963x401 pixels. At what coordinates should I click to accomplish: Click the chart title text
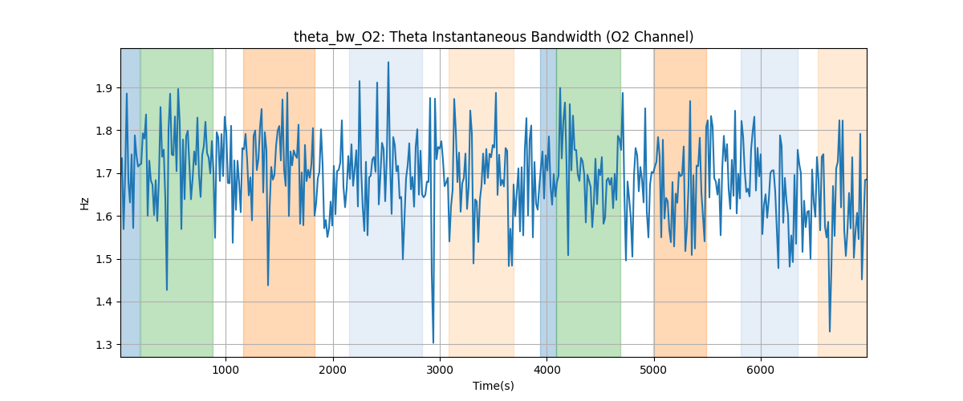(494, 37)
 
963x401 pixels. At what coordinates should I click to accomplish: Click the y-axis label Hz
(85, 203)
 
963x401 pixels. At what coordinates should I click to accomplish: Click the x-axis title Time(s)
(494, 386)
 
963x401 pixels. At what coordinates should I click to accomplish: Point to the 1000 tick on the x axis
(226, 370)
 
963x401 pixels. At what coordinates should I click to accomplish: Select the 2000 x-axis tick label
(333, 370)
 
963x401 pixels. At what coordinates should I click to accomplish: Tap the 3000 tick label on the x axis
(440, 370)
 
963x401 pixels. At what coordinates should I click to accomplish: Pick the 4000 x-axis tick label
(547, 370)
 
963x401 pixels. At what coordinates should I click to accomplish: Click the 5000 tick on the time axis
(654, 370)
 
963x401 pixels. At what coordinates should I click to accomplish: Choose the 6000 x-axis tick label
(761, 370)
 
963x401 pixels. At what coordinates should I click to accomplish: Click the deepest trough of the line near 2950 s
(433, 343)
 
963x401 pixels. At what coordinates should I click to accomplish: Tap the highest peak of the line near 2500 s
(388, 62)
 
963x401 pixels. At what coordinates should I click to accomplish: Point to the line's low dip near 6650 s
(830, 331)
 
